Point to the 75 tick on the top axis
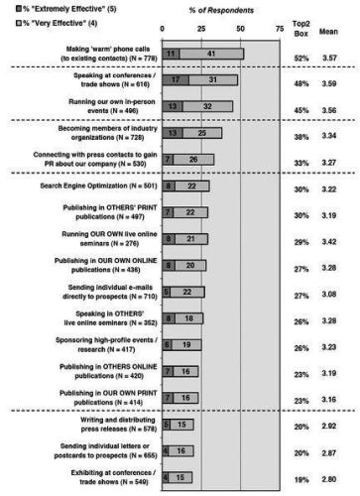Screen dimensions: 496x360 281,30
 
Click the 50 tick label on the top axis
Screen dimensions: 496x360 241,30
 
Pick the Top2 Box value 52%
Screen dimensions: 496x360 301,61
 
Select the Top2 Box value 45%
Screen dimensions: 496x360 301,111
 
